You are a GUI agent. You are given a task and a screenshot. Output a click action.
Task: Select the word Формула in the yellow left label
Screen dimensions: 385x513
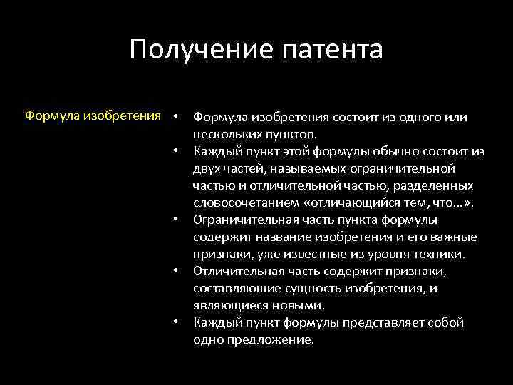coord(52,116)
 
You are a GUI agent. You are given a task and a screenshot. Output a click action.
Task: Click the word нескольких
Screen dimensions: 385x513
coord(227,133)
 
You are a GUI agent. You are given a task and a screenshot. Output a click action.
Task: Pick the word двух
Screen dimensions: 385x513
coord(207,168)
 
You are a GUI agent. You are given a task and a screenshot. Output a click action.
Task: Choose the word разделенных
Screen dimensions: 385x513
coord(433,185)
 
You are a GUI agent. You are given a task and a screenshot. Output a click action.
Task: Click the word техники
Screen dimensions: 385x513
coord(440,254)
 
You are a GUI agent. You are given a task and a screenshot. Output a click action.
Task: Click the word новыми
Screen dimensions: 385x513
coord(301,305)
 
